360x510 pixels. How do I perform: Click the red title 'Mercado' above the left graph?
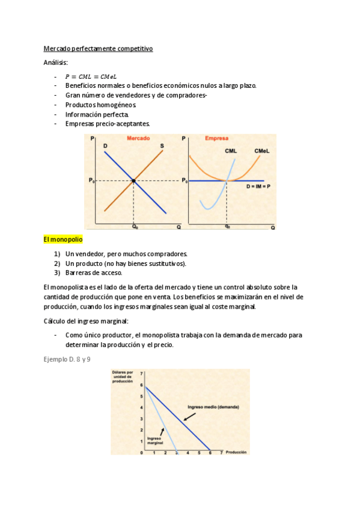[x=138, y=138]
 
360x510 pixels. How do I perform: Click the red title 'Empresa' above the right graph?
[x=216, y=138]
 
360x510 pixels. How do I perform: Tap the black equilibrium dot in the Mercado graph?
[x=133, y=180]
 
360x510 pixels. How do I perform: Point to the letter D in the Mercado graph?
[x=105, y=146]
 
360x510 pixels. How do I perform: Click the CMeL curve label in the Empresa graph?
[x=261, y=150]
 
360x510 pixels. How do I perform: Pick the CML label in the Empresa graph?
[x=231, y=150]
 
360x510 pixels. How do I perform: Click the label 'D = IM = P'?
[x=258, y=186]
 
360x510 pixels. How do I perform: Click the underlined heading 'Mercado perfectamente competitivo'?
[x=99, y=49]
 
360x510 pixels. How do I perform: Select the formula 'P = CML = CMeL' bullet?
[x=91, y=76]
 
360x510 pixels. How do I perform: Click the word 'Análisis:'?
[x=56, y=63]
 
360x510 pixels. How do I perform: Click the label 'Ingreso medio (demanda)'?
[x=213, y=407]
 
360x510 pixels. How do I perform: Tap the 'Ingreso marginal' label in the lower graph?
[x=155, y=441]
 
